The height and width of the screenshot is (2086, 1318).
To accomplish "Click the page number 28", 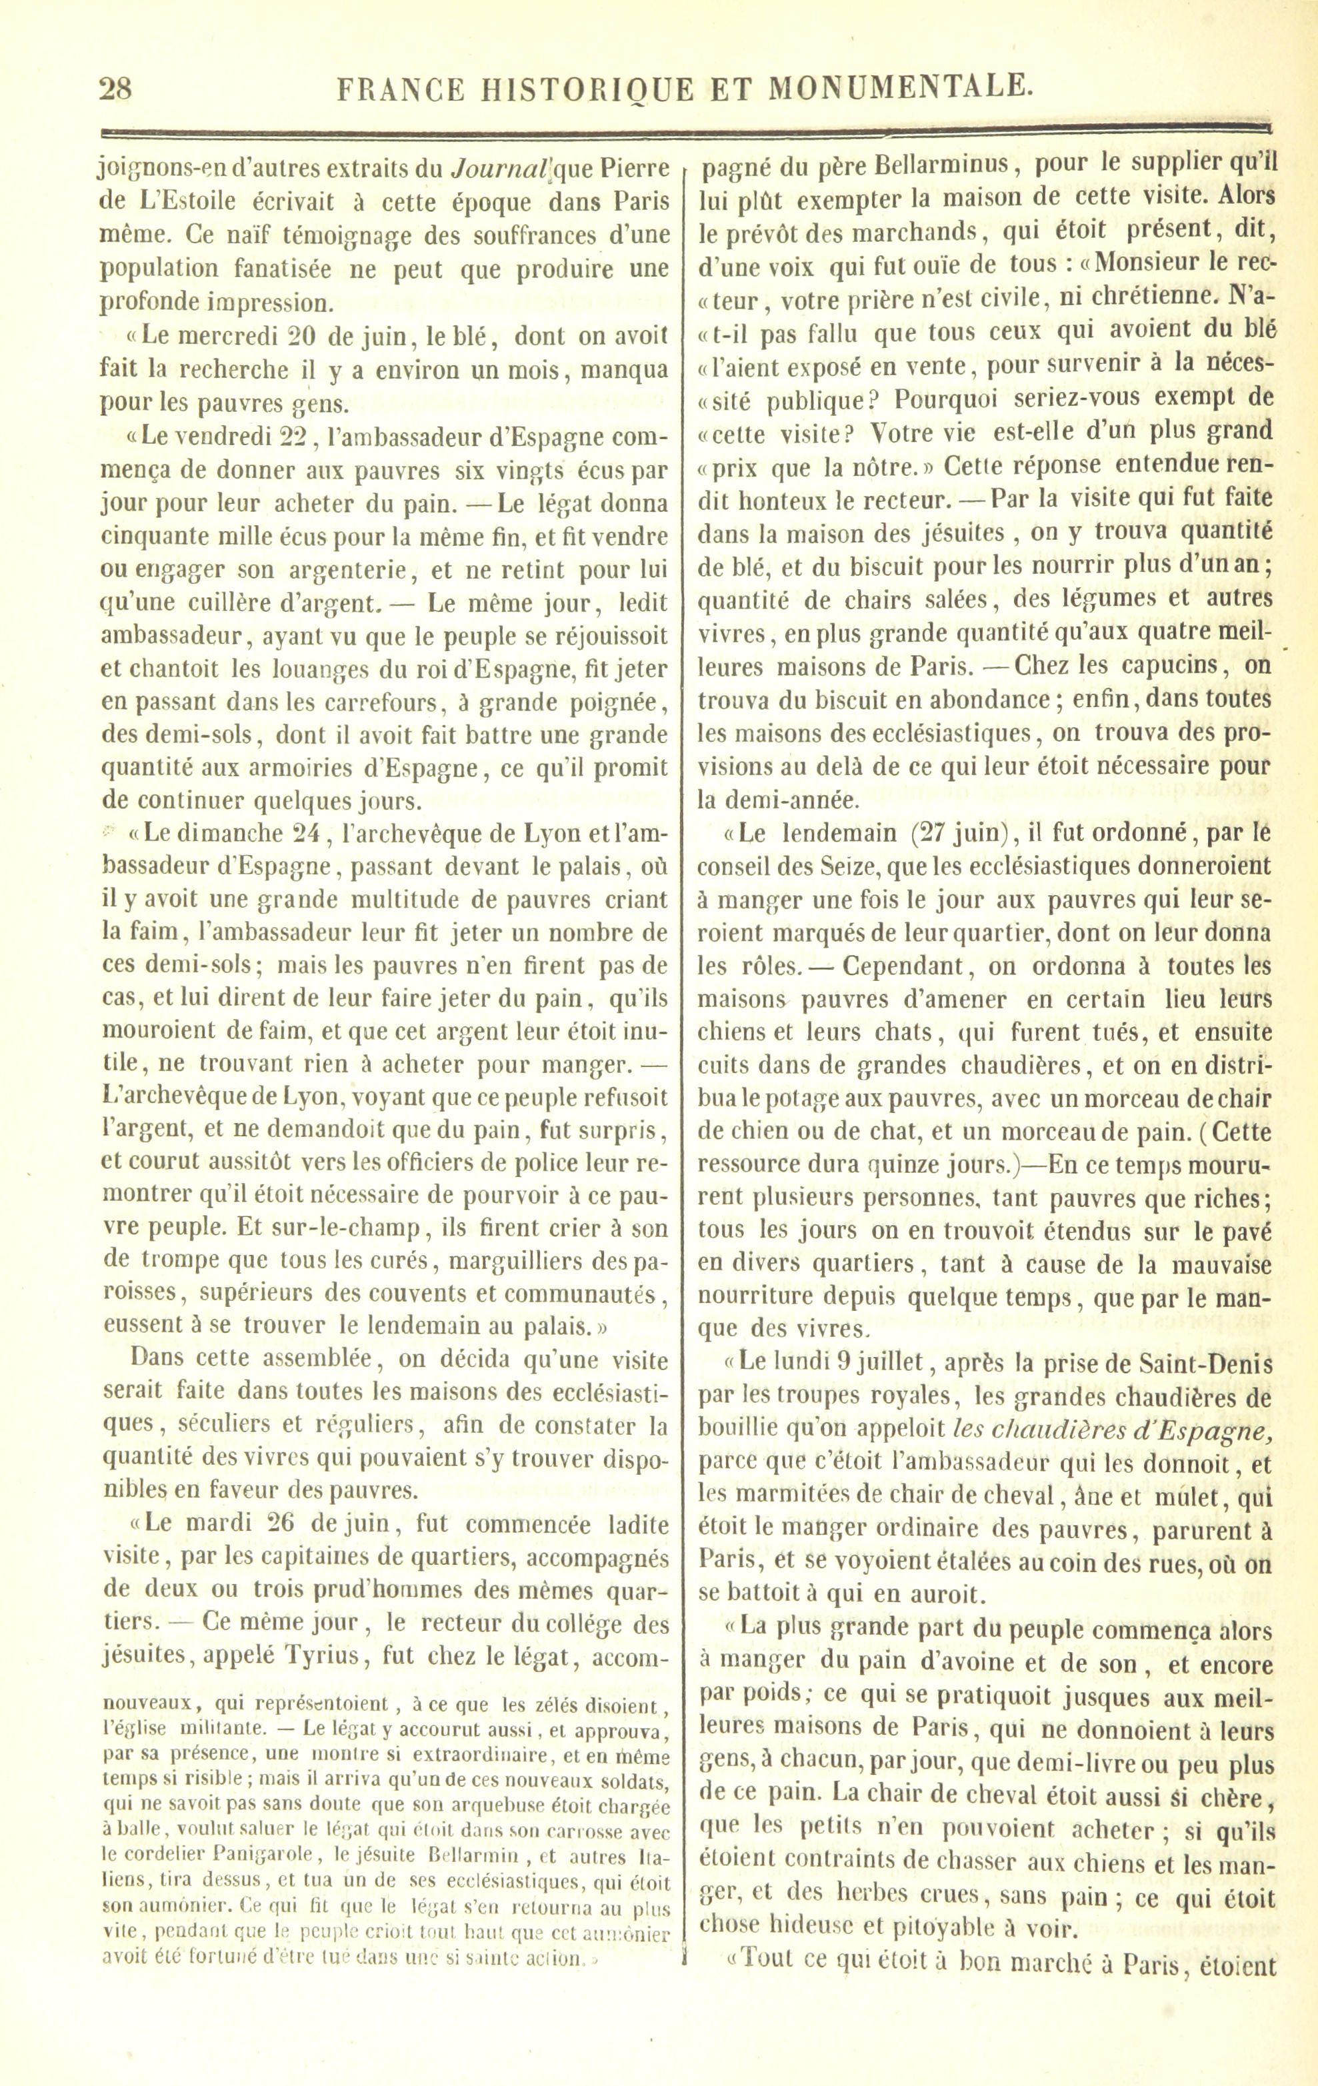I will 115,89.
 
